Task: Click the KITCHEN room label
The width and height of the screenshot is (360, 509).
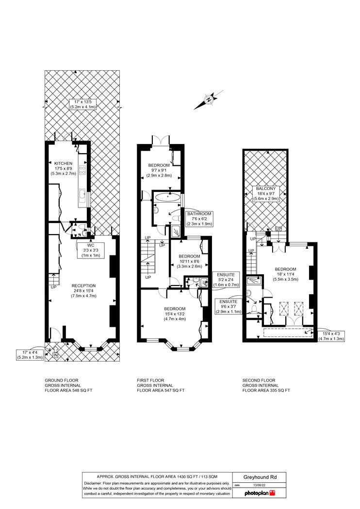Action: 64,163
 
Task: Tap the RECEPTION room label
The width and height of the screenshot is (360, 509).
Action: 84,286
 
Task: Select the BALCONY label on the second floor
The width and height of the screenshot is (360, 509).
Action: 266,189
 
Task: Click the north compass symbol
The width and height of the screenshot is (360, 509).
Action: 209,100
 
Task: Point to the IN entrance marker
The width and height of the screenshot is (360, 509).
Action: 55,355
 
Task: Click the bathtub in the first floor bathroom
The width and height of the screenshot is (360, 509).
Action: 167,196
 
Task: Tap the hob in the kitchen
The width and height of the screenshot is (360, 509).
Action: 82,171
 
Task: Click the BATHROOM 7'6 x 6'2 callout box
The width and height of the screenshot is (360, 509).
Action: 199,219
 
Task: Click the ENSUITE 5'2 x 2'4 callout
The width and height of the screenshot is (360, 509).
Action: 226,280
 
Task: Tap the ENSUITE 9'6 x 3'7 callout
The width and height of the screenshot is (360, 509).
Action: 229,306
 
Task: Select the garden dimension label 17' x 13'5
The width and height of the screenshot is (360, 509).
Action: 82,104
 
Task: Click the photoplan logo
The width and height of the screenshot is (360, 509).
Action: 260,493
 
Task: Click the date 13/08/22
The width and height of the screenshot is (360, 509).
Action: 259,485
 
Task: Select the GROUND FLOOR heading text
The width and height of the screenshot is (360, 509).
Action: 62,380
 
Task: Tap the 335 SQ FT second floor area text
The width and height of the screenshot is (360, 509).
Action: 280,391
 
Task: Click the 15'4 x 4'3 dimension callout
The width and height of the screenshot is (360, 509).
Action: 331,336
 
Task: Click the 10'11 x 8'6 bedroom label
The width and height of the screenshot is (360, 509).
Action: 189,261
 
